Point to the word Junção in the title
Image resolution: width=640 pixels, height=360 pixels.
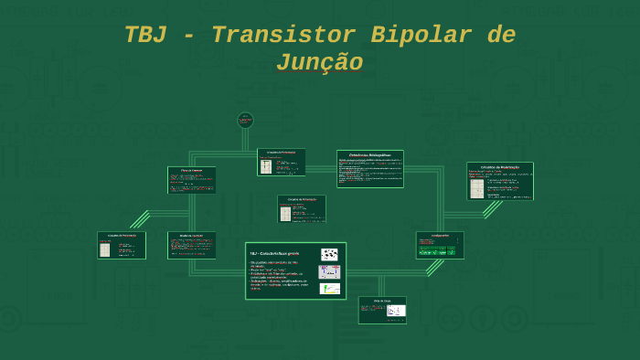click(x=319, y=63)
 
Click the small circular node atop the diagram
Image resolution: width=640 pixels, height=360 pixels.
click(x=245, y=120)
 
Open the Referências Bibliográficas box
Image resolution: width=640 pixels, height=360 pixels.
click(x=369, y=169)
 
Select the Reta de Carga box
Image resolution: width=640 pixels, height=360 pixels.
click(x=382, y=310)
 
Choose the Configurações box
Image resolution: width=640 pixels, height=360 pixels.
click(x=440, y=245)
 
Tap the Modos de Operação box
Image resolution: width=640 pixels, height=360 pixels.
click(x=192, y=245)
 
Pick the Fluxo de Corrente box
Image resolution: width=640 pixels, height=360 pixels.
click(x=192, y=180)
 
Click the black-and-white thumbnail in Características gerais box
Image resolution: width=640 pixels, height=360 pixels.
click(x=329, y=255)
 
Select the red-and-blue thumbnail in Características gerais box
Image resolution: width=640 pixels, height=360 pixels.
click(x=329, y=272)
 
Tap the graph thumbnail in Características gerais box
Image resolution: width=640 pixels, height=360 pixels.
click(x=329, y=289)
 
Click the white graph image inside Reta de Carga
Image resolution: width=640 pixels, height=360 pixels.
click(x=395, y=311)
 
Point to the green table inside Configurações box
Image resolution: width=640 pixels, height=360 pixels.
click(x=439, y=247)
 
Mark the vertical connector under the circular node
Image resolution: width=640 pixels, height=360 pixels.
click(x=245, y=140)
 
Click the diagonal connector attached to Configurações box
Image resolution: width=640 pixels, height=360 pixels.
click(x=434, y=267)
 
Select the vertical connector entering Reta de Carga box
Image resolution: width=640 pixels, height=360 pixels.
click(x=382, y=285)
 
